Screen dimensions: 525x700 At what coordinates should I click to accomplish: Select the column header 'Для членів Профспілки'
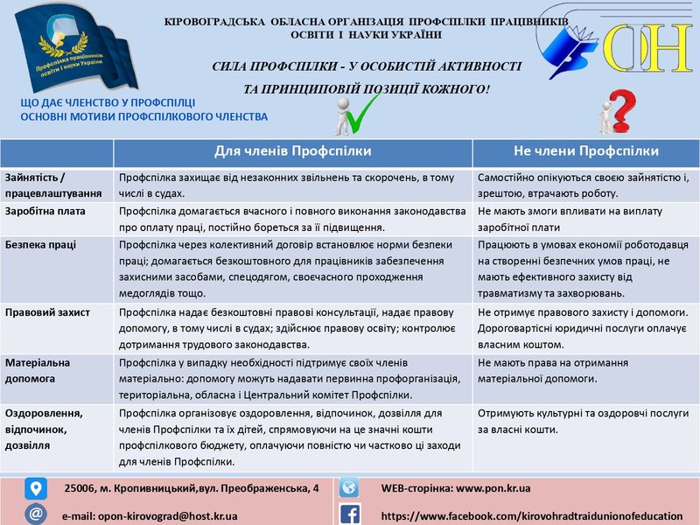[292, 151]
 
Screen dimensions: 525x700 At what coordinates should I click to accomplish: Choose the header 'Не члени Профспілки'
[586, 151]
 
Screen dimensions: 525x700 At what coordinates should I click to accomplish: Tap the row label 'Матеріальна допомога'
[38, 370]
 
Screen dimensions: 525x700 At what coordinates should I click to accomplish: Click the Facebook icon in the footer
[349, 514]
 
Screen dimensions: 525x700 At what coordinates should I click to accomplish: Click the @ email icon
[36, 514]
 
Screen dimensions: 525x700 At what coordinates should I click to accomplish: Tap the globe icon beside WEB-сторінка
[349, 487]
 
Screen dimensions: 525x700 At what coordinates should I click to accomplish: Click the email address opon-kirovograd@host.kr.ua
[150, 515]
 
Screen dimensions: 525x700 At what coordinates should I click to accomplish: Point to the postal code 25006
[82, 487]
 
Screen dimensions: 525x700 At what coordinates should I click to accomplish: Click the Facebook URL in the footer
[531, 515]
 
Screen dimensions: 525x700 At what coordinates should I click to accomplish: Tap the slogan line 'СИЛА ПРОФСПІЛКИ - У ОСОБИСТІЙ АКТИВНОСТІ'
[367, 66]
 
